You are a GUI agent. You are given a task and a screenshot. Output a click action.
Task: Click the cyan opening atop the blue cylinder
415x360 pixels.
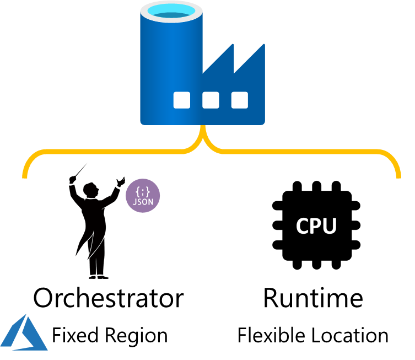[x=171, y=11]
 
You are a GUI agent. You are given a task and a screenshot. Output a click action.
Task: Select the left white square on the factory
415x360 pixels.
[x=181, y=100]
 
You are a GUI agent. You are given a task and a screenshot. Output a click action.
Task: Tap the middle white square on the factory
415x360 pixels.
[x=211, y=100]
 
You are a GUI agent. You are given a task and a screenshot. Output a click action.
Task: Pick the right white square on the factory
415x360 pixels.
[x=239, y=100]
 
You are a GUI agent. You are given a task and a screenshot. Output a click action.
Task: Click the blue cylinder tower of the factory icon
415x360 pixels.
[x=171, y=61]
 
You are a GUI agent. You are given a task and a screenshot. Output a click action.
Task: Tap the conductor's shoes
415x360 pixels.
[x=98, y=276]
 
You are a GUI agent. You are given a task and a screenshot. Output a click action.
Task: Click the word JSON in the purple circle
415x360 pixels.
[x=143, y=202]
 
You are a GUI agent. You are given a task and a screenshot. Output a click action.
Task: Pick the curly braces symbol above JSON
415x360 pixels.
[x=143, y=192]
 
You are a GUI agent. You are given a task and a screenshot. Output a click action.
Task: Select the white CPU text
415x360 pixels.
[x=316, y=226]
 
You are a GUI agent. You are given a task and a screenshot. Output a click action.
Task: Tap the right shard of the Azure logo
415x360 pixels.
[x=36, y=339]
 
